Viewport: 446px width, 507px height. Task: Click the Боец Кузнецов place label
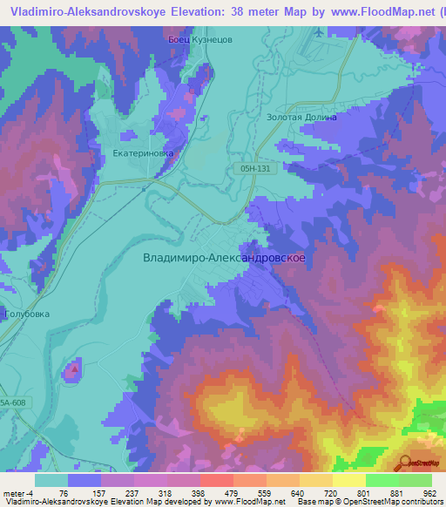[x=200, y=40]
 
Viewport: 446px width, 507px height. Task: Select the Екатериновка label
[x=144, y=152]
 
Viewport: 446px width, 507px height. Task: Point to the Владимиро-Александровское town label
[x=223, y=258]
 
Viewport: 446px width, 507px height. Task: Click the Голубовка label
[x=28, y=314]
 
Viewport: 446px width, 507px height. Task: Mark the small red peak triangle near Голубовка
[x=73, y=368]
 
